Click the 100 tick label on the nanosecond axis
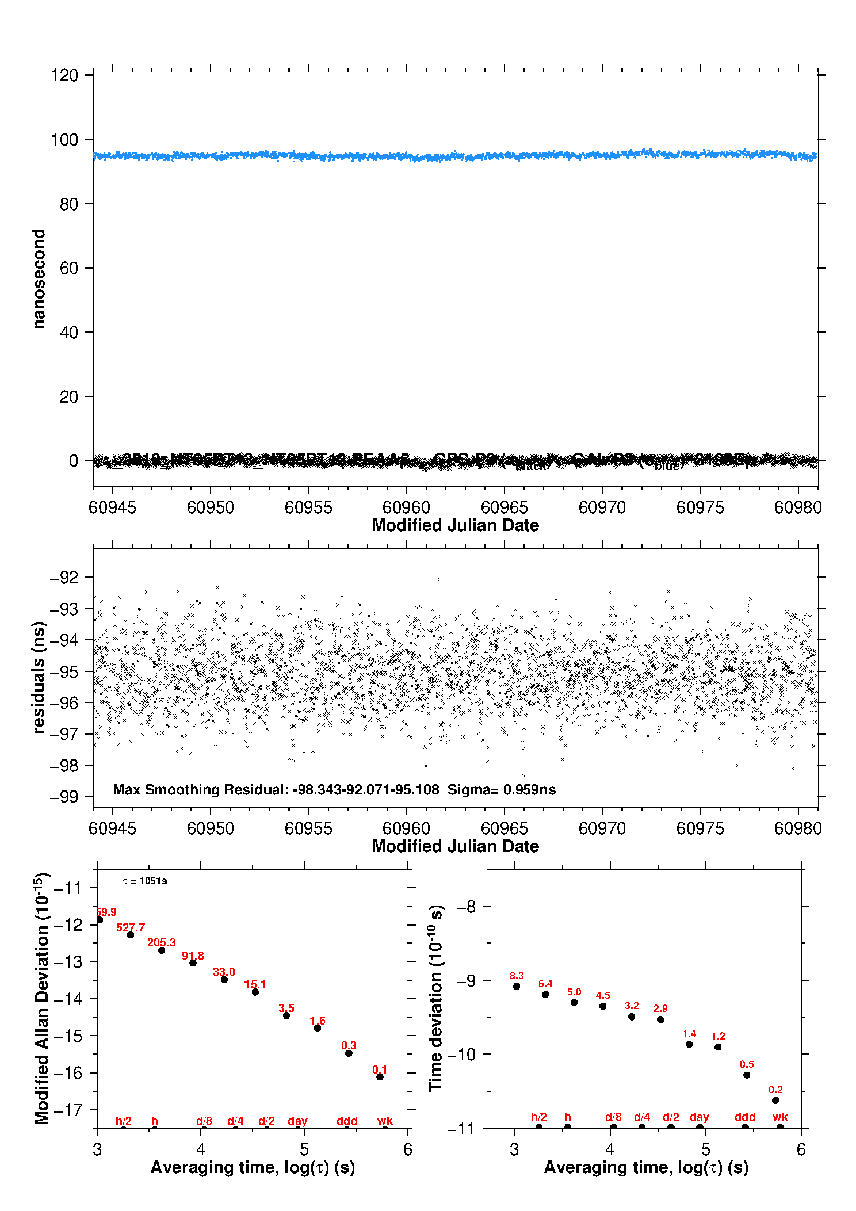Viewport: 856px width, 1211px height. [64, 140]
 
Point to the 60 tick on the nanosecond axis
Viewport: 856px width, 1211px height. [90, 268]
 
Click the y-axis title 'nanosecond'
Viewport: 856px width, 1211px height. [39, 279]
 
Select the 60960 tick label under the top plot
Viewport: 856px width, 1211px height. [406, 507]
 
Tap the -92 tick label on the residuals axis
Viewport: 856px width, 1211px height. [64, 578]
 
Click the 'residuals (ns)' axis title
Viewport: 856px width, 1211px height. [39, 677]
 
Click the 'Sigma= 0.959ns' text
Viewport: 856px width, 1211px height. [502, 789]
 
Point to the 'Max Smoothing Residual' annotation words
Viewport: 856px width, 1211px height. [200, 789]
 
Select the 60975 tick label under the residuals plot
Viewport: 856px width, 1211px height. [700, 828]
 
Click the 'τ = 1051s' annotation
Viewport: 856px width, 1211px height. [145, 881]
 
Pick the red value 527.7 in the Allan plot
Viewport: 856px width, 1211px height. [131, 927]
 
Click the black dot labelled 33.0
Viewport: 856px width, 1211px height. [224, 979]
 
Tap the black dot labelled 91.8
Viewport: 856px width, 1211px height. [193, 963]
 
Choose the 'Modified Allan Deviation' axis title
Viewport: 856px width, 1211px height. [41, 998]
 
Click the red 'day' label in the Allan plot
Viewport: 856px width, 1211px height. [297, 1121]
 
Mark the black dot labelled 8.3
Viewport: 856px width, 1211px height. [517, 986]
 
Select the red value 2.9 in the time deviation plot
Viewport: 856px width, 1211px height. [660, 1008]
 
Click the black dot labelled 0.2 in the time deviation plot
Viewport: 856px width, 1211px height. [775, 1101]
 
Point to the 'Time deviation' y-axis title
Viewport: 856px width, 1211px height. [435, 998]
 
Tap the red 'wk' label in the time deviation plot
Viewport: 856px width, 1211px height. [780, 1117]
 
